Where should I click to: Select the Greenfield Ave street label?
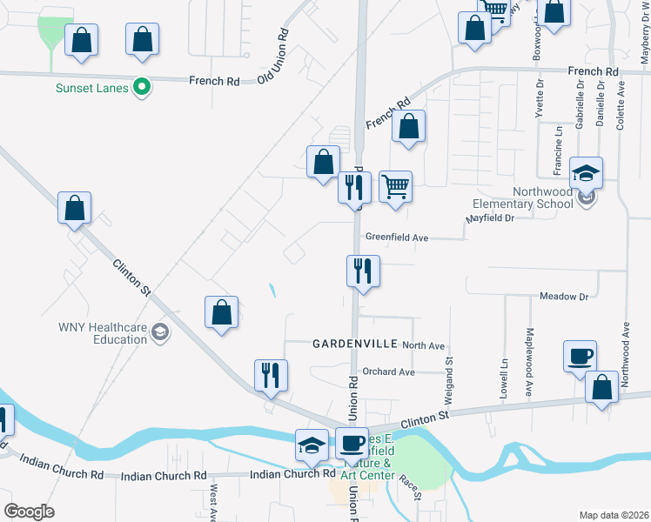click(397, 237)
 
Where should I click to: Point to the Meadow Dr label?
click(564, 297)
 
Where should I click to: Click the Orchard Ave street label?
click(388, 371)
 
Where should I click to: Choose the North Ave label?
click(424, 345)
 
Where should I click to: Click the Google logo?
click(29, 512)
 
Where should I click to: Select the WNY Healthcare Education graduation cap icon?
click(159, 331)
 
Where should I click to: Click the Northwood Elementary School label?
click(522, 197)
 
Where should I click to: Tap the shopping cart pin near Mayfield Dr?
click(395, 184)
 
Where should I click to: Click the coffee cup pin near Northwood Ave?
click(580, 356)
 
